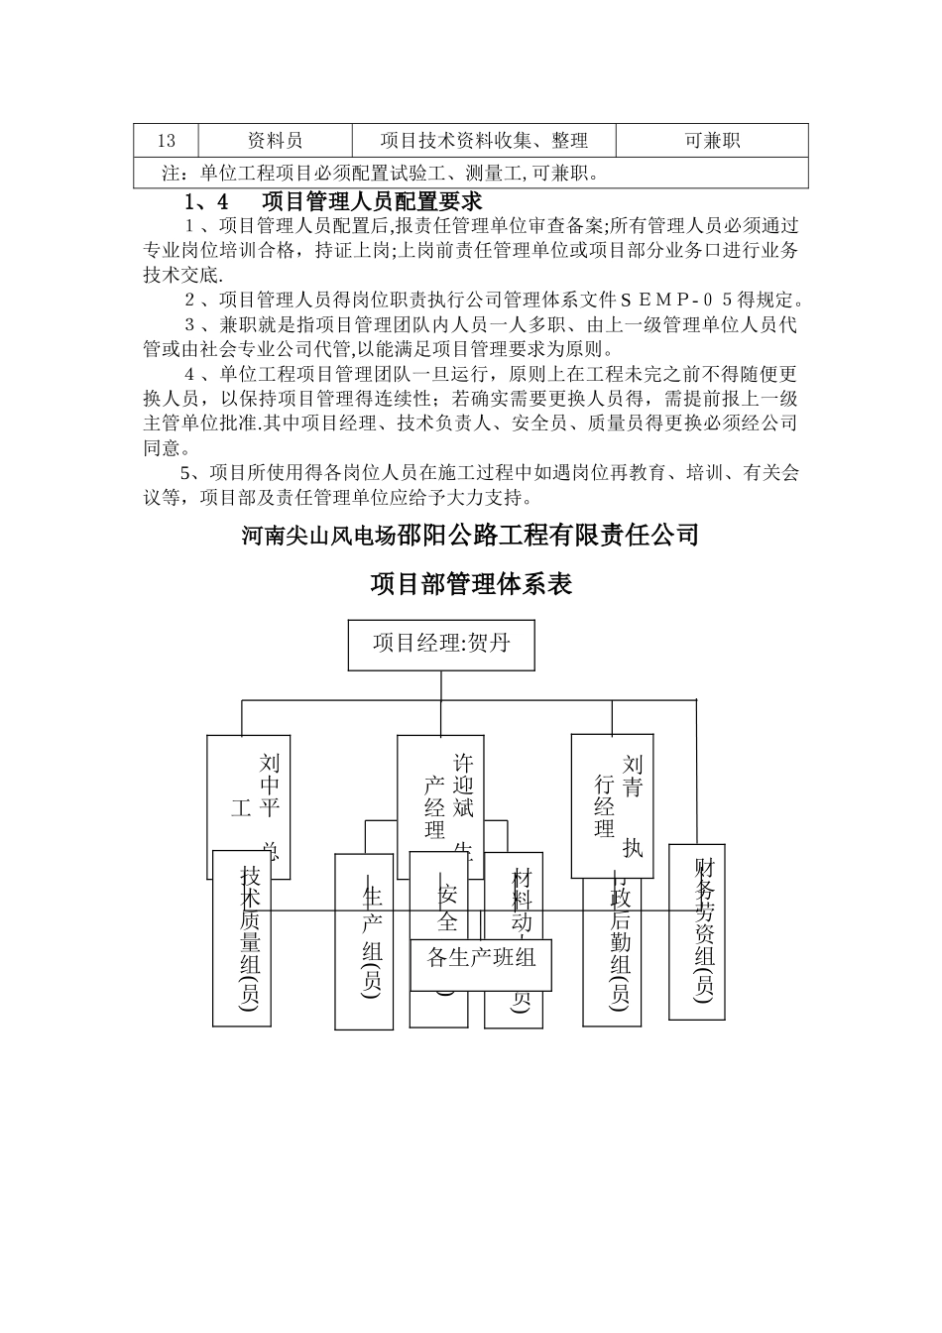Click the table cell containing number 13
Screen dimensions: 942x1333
[x=167, y=141]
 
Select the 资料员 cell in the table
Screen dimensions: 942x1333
[x=275, y=141]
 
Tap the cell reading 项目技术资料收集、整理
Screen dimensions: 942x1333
[x=484, y=141]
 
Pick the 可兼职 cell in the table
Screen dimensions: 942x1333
[x=712, y=141]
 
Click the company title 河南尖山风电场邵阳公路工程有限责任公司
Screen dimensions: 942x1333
[x=471, y=537]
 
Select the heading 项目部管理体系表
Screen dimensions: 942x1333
[x=471, y=584]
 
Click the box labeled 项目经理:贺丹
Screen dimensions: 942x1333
[x=441, y=644]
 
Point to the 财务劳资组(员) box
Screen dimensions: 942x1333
[x=697, y=932]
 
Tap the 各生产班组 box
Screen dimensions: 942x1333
[x=481, y=957]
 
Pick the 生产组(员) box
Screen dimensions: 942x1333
[x=364, y=942]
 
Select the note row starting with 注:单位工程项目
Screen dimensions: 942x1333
[x=471, y=174]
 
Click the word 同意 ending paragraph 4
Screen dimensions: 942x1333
[x=165, y=448]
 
